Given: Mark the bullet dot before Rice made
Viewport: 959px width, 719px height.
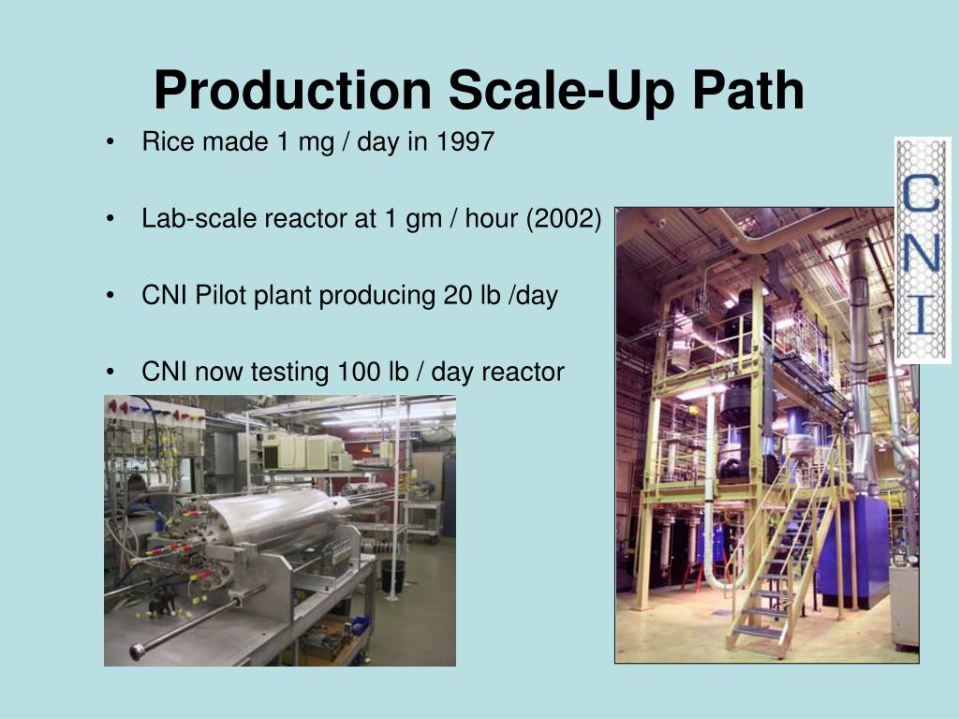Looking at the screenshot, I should pos(111,143).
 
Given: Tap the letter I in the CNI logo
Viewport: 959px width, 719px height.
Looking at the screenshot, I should pos(922,315).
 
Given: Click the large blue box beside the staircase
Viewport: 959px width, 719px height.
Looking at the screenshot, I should pos(852,552).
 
